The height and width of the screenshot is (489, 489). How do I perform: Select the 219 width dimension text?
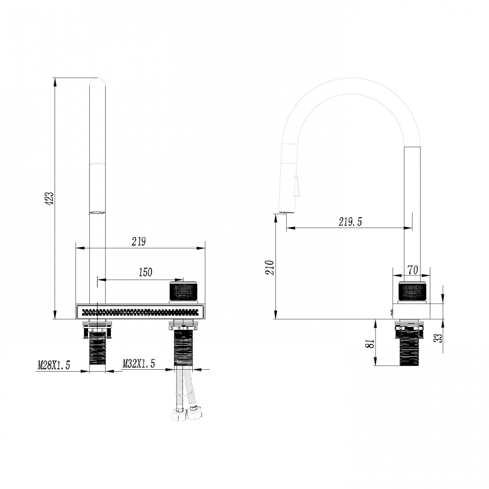coord(139,241)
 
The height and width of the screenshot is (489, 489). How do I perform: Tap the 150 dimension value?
coord(146,272)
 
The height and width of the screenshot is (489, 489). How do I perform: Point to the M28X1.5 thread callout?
coord(54,364)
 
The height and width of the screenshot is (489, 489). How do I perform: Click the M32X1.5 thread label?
coord(139,364)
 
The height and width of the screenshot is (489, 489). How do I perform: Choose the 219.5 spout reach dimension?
coord(350,222)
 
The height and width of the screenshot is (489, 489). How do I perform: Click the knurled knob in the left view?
coord(183,291)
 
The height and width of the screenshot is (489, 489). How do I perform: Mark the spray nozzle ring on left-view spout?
coord(98,212)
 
